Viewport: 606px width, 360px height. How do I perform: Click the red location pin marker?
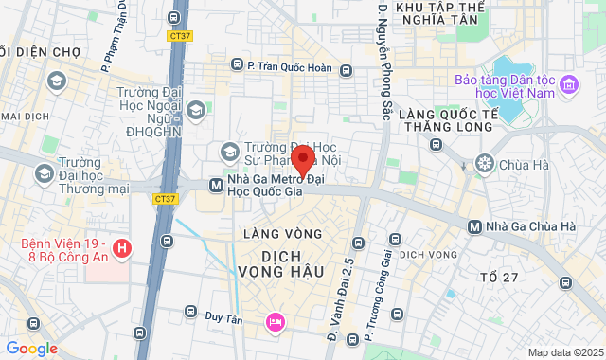302,160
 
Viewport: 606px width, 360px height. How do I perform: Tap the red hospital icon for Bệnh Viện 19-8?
120,249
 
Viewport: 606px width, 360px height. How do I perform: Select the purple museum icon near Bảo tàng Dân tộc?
569,86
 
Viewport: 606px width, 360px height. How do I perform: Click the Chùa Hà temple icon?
485,163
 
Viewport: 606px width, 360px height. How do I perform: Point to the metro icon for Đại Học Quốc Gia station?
217,185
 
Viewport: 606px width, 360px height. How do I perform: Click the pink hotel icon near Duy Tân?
275,322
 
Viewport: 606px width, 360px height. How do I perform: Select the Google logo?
30,349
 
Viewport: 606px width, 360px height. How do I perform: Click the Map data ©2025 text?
563,352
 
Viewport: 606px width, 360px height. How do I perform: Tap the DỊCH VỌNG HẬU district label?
293,262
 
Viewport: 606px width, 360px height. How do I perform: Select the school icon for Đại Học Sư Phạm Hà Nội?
229,151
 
